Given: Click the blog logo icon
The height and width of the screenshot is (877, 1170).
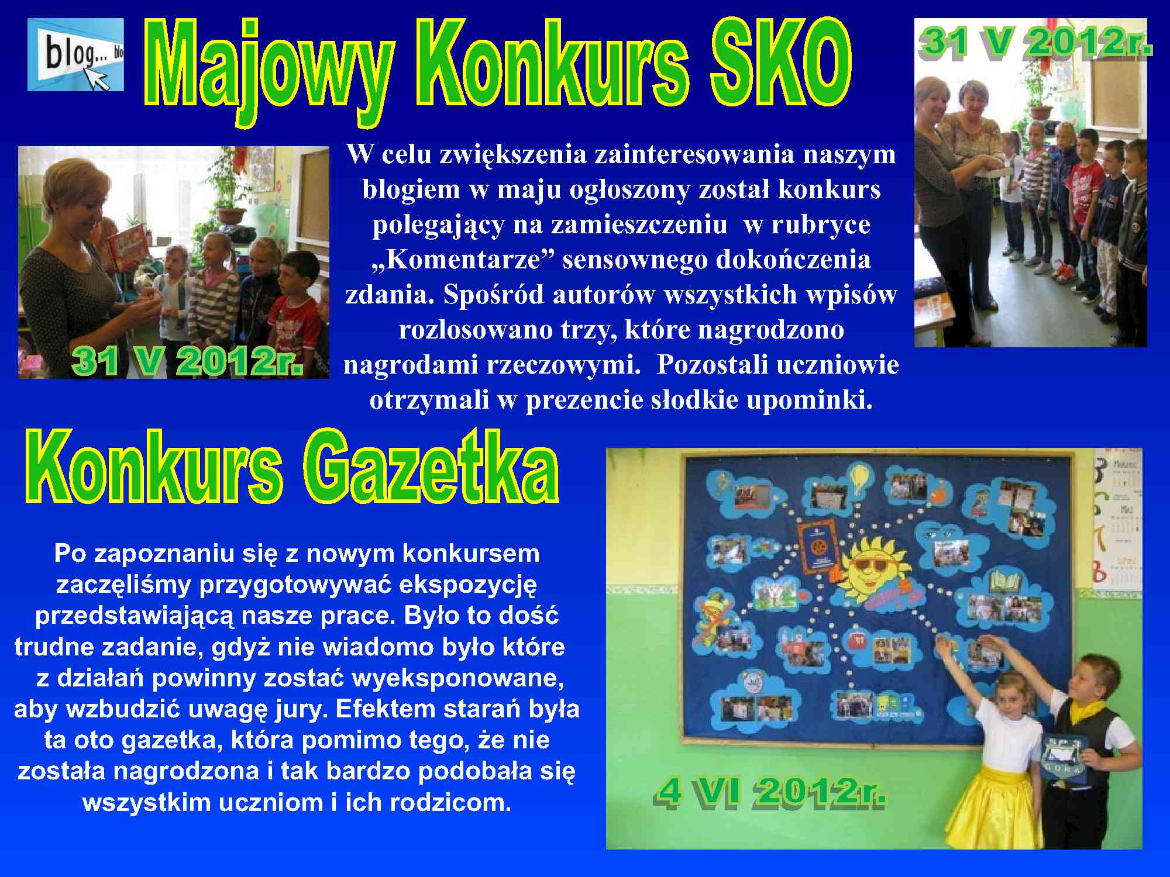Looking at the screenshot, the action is [x=75, y=54].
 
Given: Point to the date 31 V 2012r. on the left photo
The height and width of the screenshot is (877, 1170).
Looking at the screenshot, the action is [x=187, y=361].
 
